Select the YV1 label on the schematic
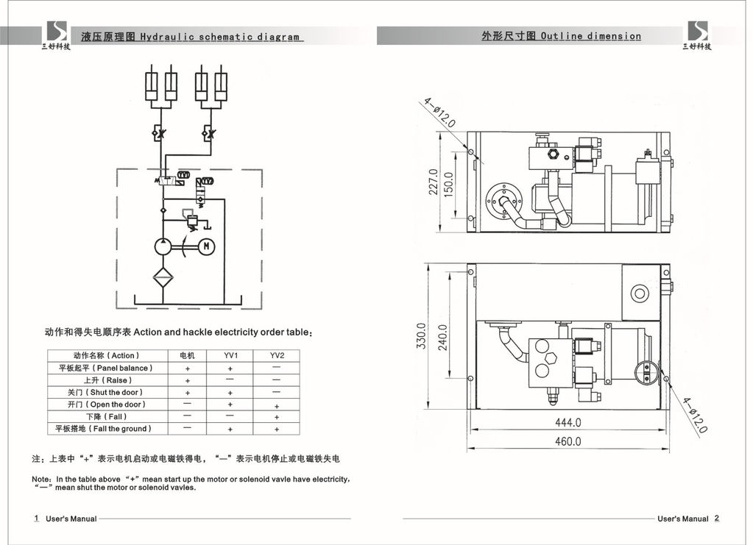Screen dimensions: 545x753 pyautogui.click(x=183, y=175)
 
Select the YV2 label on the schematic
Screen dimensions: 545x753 pyautogui.click(x=208, y=181)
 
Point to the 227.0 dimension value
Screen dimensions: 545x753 pyautogui.click(x=434, y=182)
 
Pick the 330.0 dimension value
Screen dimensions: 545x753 pyautogui.click(x=422, y=337)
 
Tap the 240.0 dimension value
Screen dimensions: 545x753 pyautogui.click(x=442, y=337)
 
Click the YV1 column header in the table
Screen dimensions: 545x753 pyautogui.click(x=231, y=355)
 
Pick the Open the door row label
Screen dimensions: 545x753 pyautogui.click(x=107, y=405)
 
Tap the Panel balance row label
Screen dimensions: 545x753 pyautogui.click(x=106, y=368)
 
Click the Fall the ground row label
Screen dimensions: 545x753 pyautogui.click(x=104, y=428)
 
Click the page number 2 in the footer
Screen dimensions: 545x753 pyautogui.click(x=717, y=518)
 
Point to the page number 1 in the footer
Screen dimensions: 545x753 pyautogui.click(x=36, y=519)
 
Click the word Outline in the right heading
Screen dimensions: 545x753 pyautogui.click(x=562, y=36)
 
